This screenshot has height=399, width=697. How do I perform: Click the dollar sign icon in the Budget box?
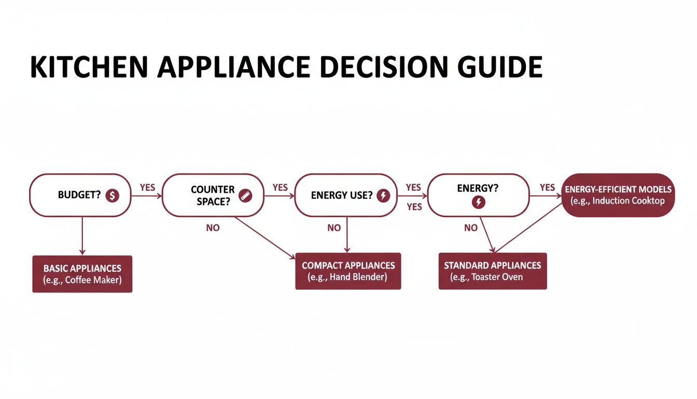(112, 195)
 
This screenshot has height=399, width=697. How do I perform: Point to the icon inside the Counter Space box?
(245, 195)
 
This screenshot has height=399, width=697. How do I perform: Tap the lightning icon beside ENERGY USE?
(383, 196)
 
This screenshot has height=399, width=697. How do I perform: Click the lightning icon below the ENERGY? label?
(478, 203)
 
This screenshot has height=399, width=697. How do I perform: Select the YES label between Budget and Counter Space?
(147, 188)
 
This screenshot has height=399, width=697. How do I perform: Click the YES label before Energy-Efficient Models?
(547, 188)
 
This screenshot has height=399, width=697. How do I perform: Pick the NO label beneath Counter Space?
(213, 228)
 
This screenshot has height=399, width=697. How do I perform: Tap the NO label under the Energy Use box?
(334, 228)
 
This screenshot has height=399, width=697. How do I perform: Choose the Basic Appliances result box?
(82, 274)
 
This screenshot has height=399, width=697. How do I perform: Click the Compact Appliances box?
(348, 271)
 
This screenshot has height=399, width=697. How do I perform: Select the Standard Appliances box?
(492, 271)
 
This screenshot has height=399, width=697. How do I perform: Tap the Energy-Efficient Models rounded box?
(619, 195)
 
